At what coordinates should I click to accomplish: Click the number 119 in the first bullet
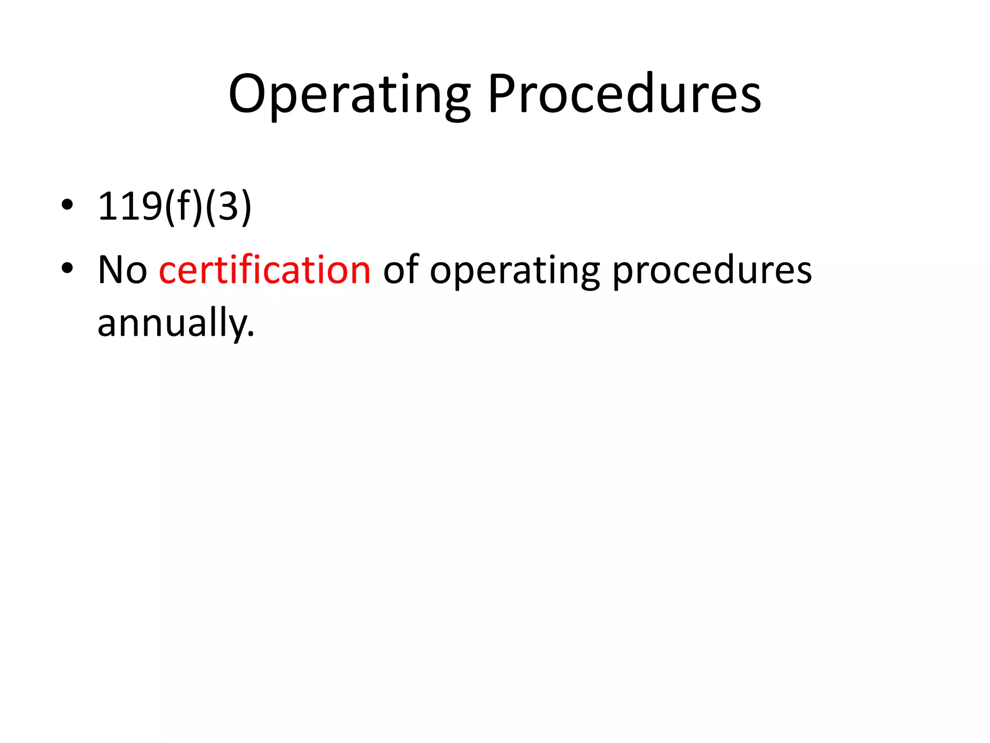(129, 207)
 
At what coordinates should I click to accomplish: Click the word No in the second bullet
(122, 269)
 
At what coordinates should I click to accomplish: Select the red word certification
(264, 269)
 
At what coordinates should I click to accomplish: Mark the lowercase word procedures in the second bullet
(712, 271)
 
